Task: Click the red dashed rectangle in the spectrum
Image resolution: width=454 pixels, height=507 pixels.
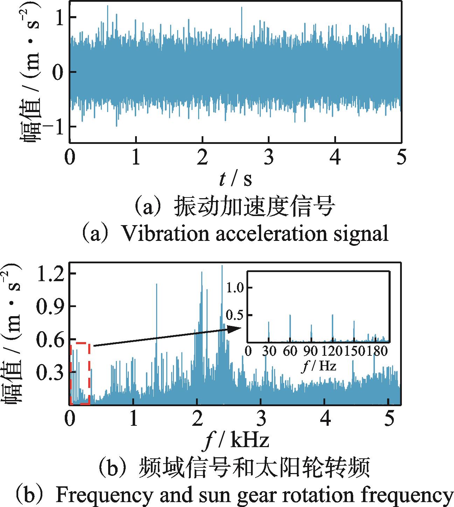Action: coord(80,374)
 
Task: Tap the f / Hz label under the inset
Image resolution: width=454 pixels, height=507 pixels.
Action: coord(319,366)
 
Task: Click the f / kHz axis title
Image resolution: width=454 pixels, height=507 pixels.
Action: coord(237,440)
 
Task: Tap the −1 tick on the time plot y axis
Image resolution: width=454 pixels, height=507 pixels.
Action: coord(53,126)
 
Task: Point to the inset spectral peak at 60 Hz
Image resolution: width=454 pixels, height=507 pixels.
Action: coord(290,327)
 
